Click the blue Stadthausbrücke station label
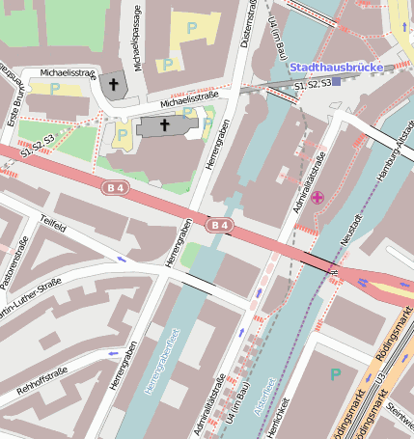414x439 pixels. coord(335,68)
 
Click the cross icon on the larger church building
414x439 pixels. coord(164,125)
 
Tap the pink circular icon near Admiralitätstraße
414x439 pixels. coord(317,198)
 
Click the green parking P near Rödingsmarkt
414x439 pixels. coord(335,373)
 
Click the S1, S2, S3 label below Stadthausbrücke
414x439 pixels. coord(314,86)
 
